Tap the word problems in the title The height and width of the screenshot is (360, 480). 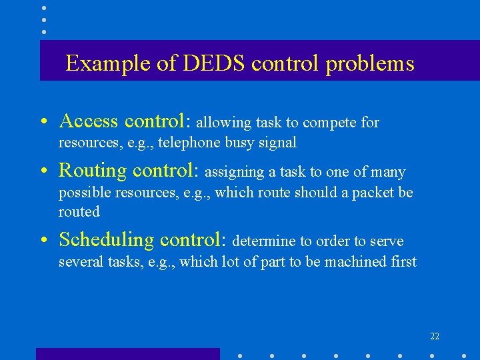pos(370,63)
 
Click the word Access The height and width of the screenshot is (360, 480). pos(89,121)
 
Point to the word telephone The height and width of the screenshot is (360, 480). pos(187,142)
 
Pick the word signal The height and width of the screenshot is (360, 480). pos(276,142)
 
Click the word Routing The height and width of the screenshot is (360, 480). pos(92,171)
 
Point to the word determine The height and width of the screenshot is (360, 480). pos(260,241)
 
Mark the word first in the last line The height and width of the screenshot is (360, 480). pos(402,261)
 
